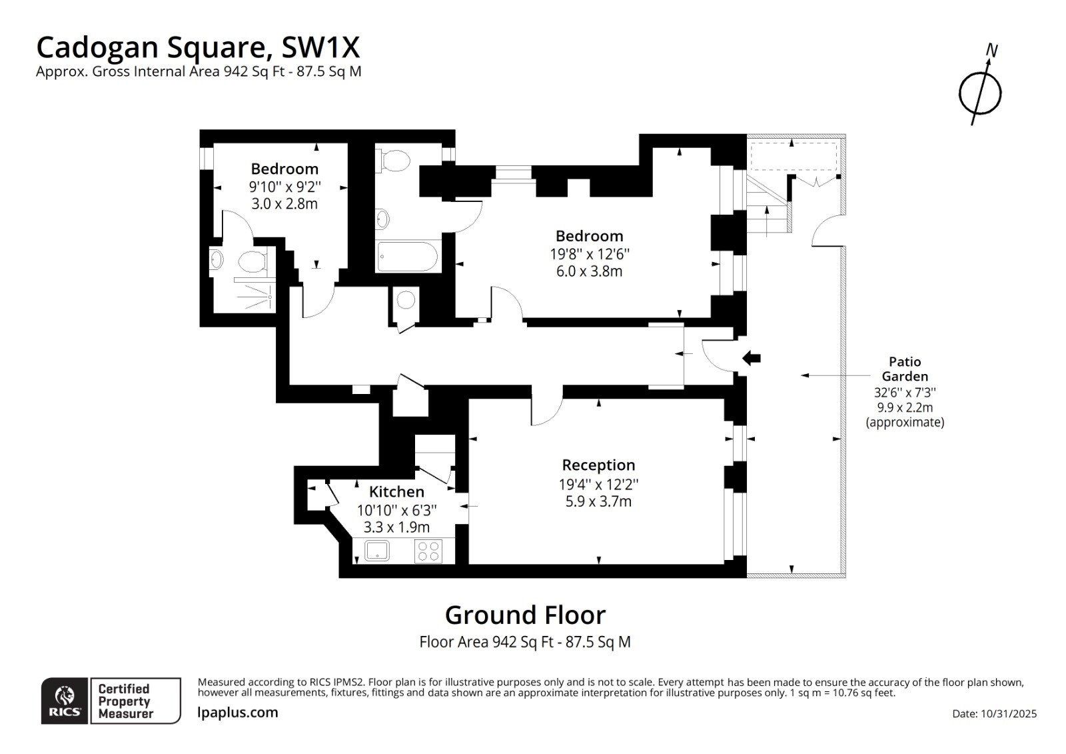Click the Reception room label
(598, 465)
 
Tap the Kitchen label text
(396, 492)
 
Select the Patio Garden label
(904, 369)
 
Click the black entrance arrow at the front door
(752, 358)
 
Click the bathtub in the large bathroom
(407, 257)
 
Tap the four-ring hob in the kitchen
(428, 551)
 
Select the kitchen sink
(377, 551)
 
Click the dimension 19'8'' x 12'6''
(590, 253)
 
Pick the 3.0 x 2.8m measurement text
(284, 204)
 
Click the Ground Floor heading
(525, 615)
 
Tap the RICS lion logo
(65, 697)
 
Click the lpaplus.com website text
(238, 712)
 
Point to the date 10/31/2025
(1008, 713)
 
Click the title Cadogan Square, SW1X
(198, 47)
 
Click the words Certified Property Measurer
(125, 701)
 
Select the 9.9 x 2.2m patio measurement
(904, 407)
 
